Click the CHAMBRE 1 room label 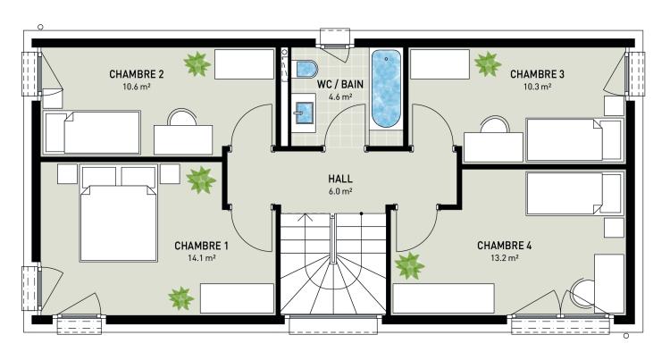click(201, 245)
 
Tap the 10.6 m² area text click(136, 88)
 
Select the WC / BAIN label click(339, 83)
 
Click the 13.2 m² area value click(505, 258)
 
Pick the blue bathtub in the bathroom click(386, 91)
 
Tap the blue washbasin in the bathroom click(305, 113)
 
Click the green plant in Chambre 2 click(197, 63)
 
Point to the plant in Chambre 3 click(487, 63)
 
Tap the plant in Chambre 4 click(409, 265)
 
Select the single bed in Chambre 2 click(92, 132)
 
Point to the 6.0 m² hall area click(340, 192)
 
